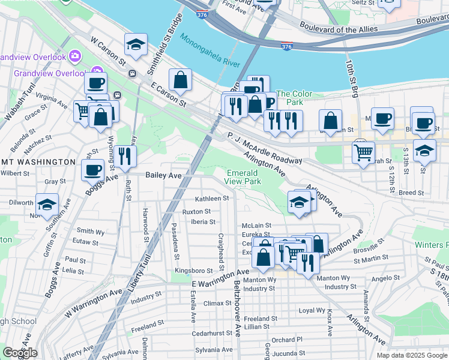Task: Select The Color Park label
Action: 294,98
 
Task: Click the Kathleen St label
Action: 212,198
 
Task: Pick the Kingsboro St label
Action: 193,271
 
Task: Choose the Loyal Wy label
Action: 312,311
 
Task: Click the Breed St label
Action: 411,193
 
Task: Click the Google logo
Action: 20,353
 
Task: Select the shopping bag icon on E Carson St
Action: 180,79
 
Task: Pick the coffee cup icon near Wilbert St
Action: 93,170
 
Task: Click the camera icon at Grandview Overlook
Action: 75,56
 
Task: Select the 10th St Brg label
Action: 349,72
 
